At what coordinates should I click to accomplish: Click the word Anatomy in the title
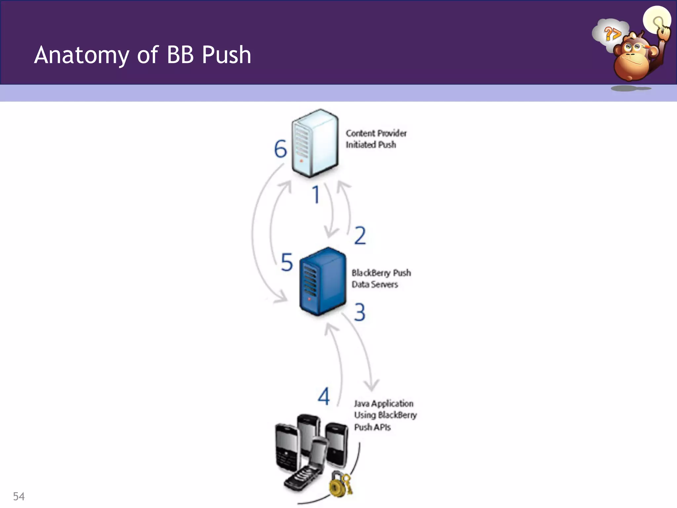82,55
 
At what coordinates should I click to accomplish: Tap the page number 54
19,496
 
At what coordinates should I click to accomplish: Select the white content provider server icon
315,143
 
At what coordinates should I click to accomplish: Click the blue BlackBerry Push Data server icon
322,281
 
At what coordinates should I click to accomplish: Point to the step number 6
280,149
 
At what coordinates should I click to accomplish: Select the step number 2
360,235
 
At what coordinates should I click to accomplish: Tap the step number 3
360,312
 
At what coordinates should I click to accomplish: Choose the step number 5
287,262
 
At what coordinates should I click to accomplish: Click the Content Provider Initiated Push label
376,139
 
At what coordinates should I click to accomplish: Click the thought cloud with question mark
610,33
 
